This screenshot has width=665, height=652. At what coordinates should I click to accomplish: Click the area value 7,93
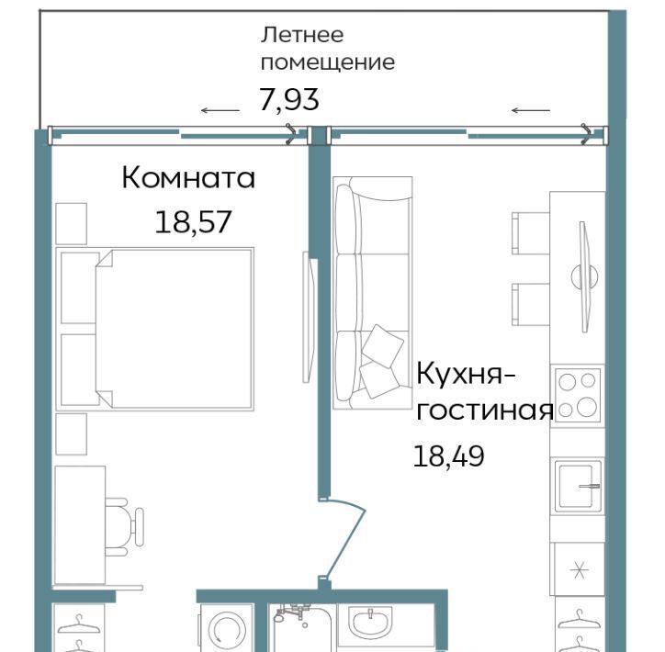coord(288,100)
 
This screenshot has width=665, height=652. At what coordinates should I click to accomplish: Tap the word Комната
coord(188,177)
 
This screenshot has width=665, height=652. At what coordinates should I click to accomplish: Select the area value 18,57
coord(193,222)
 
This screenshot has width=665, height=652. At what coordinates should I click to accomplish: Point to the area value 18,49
coord(449,456)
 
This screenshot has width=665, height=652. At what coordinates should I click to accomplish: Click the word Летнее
coord(302,35)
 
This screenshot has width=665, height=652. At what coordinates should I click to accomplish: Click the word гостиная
coord(485,410)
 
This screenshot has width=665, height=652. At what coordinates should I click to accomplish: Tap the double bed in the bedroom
coord(155,329)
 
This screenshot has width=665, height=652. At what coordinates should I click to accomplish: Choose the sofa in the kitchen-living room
coord(372,293)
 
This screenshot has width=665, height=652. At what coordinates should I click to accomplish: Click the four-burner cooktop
coord(578,395)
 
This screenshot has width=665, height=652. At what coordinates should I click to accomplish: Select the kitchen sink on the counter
coord(577,486)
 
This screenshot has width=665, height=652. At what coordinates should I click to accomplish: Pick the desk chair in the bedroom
coord(124,527)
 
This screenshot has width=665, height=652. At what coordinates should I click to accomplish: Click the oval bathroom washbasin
coord(370,621)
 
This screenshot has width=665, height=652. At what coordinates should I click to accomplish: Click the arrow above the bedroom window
coord(220,110)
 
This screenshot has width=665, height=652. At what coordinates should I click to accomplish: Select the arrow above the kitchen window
coord(531,110)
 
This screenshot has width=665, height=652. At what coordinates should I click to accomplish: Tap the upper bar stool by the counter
coord(531,233)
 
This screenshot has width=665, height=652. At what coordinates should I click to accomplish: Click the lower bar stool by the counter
coord(531,304)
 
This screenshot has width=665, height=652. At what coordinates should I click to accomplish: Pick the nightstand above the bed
coord(72,224)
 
